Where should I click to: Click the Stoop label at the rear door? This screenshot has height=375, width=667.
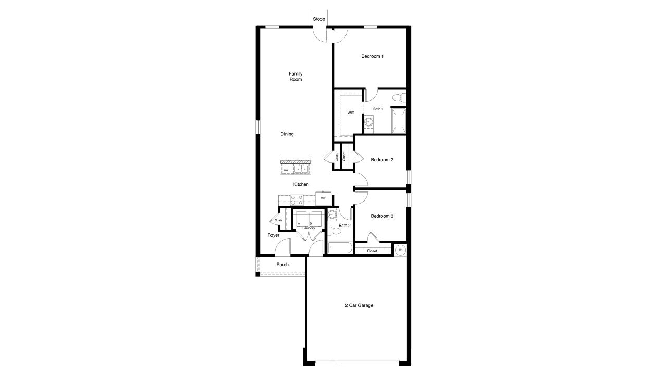click(319, 19)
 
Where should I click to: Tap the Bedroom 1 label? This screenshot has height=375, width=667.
click(373, 56)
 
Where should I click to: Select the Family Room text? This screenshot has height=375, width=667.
click(295, 77)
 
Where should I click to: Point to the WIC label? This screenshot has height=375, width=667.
click(351, 113)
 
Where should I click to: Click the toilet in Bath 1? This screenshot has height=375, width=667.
click(398, 97)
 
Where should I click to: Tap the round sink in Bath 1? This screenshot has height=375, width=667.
click(369, 122)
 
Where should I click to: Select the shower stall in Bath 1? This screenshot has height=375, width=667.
click(399, 120)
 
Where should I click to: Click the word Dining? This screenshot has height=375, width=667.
click(287, 134)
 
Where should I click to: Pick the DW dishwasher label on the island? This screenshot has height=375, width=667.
click(286, 170)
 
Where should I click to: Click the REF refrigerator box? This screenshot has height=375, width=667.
click(323, 198)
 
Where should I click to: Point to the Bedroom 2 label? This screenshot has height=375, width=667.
click(382, 160)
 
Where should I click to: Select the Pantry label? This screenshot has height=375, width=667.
click(337, 156)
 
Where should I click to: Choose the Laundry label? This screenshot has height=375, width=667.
click(308, 228)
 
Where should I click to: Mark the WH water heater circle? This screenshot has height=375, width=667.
click(400, 250)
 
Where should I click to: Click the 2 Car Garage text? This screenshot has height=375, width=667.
click(359, 305)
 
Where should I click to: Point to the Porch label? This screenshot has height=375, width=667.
click(282, 265)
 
